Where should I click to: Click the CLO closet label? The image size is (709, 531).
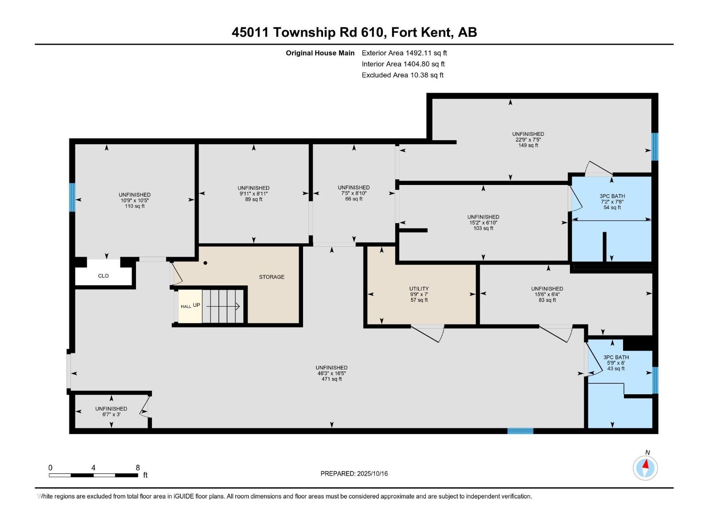pos(103,276)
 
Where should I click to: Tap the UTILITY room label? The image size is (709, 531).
pos(419,289)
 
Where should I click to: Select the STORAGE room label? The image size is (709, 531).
pos(272,277)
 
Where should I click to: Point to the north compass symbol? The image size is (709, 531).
pos(646,467)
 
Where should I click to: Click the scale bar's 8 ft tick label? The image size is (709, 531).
pos(138,468)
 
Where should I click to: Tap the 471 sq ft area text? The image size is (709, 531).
pos(331,379)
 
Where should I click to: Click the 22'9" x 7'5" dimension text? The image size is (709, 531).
pos(528,140)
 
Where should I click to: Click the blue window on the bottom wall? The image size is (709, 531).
pos(520,431)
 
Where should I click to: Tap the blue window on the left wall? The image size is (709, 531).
pos(72,197)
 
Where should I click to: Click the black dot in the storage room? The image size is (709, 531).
pos(205,263)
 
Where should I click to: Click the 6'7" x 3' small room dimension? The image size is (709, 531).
pos(111,415)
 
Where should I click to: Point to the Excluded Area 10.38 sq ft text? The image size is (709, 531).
pos(402,75)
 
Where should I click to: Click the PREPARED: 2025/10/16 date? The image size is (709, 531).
pos(354,473)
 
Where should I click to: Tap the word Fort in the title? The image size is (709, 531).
pos(406,32)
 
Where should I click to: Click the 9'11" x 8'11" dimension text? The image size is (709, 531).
pos(253,194)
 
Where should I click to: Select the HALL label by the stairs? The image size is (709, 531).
pos(186,306)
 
